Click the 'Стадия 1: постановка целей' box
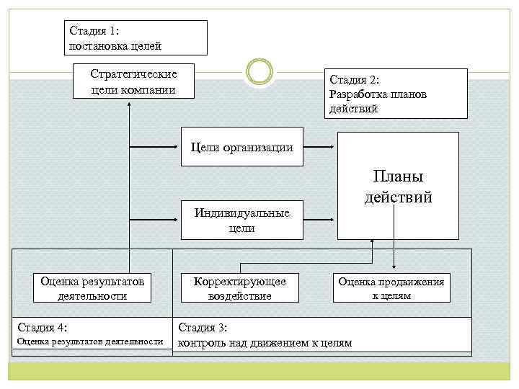coord(134,37)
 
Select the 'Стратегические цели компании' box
coord(134,81)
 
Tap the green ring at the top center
coord(259,73)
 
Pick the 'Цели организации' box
coord(242,148)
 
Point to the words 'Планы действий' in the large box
coord(398,187)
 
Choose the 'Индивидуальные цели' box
coord(241,220)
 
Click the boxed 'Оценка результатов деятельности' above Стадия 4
coord(93,288)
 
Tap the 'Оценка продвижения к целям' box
coord(391,288)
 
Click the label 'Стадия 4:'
coord(43,328)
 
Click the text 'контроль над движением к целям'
coord(265,343)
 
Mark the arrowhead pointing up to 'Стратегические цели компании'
coord(129,105)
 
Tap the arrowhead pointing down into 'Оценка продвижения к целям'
coord(394,267)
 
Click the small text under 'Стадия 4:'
coord(90,341)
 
